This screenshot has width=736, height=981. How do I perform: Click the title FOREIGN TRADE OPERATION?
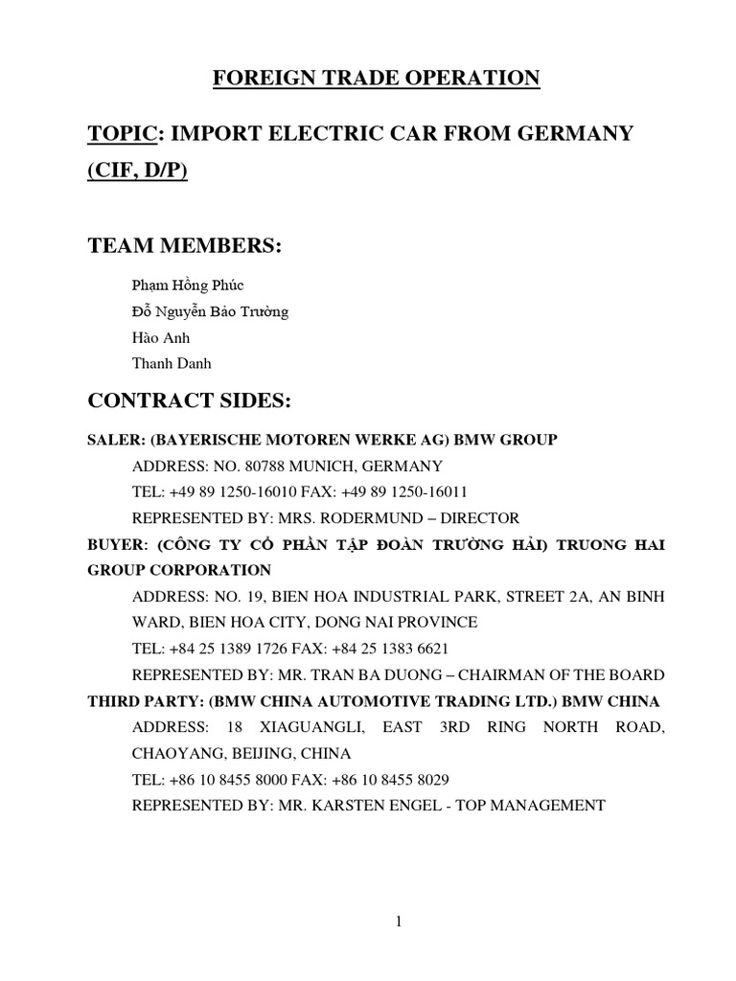(x=376, y=78)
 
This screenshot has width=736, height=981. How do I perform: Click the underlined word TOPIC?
(x=119, y=133)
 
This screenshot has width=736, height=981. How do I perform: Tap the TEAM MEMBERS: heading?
(x=184, y=245)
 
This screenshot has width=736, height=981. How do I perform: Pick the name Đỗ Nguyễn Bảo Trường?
(x=210, y=311)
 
